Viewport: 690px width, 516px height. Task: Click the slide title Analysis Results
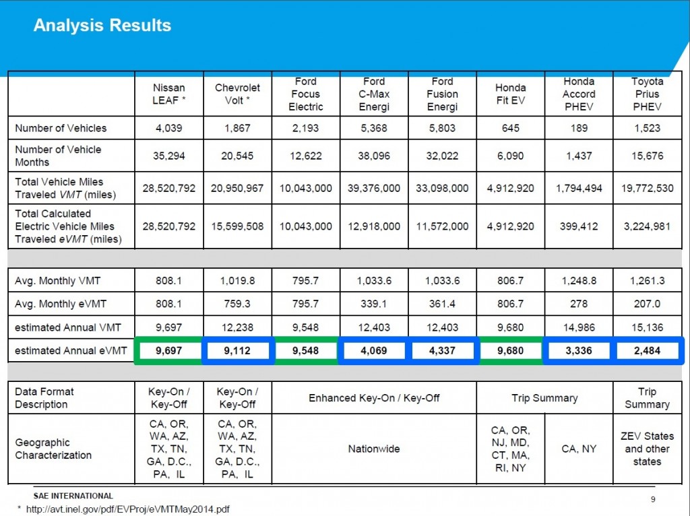[102, 26]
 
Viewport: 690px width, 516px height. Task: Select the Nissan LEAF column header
[168, 94]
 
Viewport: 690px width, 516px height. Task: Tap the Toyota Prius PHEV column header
[647, 94]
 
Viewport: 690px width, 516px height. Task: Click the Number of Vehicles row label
[61, 128]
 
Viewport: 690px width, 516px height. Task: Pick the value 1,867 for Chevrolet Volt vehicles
[237, 128]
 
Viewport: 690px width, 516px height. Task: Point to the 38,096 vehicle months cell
[374, 156]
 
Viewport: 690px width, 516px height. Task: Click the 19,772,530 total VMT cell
[647, 188]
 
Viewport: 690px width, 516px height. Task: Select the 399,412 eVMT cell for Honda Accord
[579, 226]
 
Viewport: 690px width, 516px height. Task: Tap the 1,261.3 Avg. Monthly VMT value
[647, 281]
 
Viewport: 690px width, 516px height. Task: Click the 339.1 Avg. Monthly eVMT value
[374, 304]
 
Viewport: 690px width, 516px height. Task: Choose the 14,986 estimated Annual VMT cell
[579, 327]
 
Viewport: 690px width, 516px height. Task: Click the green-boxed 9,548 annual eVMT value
[305, 351]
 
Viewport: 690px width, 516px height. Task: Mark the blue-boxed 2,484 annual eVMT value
[647, 351]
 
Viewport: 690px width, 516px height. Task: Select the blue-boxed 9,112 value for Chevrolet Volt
[237, 351]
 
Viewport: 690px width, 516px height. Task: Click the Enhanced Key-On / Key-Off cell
[374, 398]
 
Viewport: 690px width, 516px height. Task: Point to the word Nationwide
[374, 449]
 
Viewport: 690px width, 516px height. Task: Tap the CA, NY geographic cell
[579, 449]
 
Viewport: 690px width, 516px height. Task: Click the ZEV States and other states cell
[647, 449]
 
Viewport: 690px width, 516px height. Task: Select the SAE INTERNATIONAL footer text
[73, 496]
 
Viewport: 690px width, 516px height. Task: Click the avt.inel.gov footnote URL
[127, 509]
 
